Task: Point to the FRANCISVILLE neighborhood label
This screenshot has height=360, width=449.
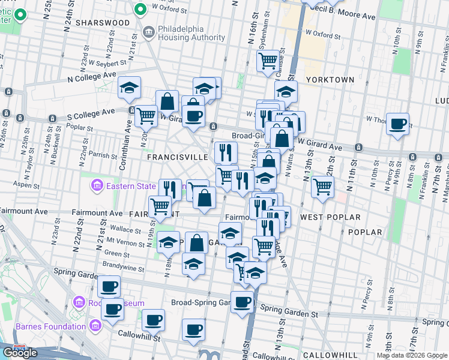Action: point(178,157)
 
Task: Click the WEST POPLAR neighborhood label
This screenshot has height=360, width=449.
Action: point(330,217)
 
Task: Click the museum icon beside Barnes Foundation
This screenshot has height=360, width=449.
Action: point(95,326)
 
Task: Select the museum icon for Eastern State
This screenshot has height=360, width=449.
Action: point(97,187)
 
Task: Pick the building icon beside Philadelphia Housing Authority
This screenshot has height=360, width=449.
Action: point(148,30)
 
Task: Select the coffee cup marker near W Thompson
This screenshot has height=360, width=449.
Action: point(397,124)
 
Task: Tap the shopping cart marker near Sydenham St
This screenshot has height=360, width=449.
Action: point(268,60)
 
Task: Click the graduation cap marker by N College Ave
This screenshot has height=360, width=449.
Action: point(129,88)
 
